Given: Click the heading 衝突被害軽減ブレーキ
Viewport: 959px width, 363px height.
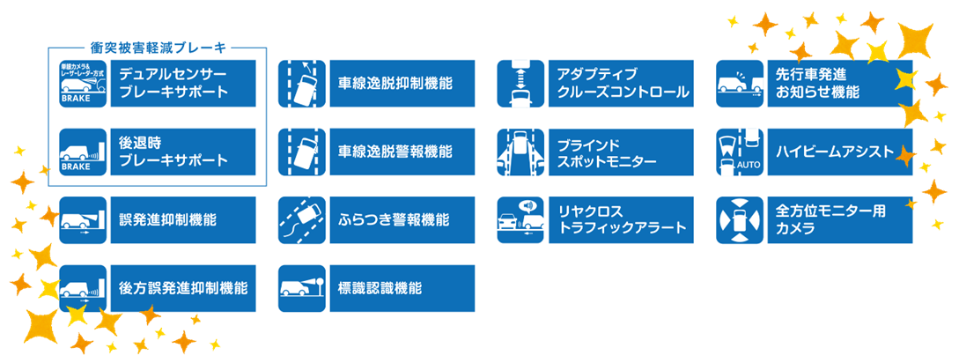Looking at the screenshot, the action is (x=158, y=46).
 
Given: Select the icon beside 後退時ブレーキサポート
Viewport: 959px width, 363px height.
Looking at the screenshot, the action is (x=83, y=152).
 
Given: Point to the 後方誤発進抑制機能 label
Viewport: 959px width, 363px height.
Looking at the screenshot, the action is (x=183, y=288).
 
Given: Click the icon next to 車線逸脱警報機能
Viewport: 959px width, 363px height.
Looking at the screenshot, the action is (x=302, y=152).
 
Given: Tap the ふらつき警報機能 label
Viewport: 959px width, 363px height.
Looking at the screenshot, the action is (x=394, y=219).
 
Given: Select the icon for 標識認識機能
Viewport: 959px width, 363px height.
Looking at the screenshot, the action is (x=302, y=288).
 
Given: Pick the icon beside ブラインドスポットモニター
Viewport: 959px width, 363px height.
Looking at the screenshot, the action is (x=521, y=152).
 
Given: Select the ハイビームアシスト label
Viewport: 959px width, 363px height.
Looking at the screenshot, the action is (x=835, y=152).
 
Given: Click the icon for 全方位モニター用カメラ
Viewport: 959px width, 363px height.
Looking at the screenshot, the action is (x=740, y=219).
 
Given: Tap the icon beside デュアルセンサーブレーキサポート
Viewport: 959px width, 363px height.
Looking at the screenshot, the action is (x=83, y=83).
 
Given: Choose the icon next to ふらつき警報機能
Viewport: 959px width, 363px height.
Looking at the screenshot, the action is (x=302, y=219).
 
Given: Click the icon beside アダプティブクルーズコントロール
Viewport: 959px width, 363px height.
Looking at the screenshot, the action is (x=521, y=83).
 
